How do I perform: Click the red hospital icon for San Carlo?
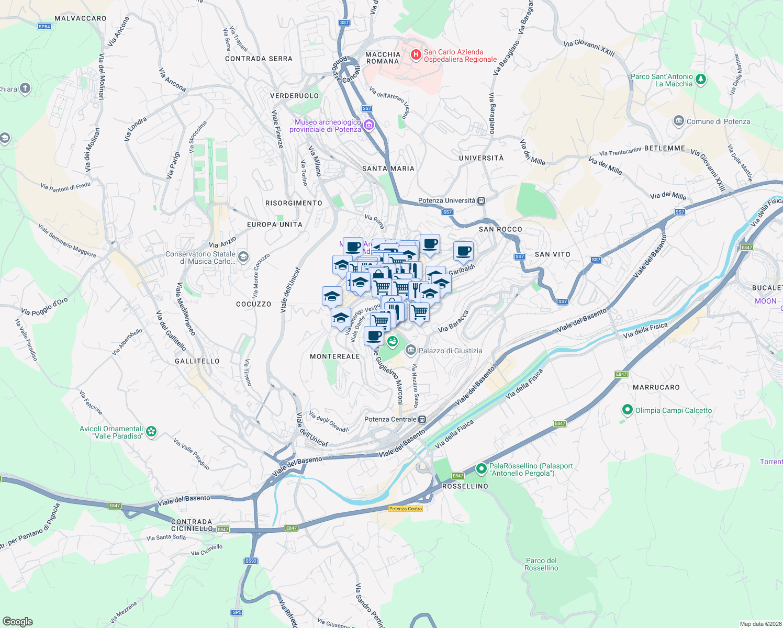click(x=416, y=55)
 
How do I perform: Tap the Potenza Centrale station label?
click(x=390, y=419)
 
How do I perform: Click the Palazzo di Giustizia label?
click(x=450, y=351)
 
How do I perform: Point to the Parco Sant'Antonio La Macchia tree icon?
click(x=701, y=80)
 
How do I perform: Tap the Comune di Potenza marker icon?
click(x=679, y=121)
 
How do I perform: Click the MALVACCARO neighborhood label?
click(x=81, y=18)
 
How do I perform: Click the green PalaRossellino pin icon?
click(x=481, y=469)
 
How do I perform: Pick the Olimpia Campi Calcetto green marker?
click(x=628, y=410)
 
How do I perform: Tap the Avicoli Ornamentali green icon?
click(x=151, y=432)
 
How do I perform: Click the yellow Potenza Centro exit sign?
click(x=406, y=509)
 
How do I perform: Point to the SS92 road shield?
click(x=251, y=561)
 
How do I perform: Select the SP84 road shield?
click(x=44, y=27)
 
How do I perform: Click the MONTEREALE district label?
click(x=335, y=356)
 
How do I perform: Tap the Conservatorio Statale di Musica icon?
click(x=243, y=256)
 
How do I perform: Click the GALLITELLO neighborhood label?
click(x=197, y=361)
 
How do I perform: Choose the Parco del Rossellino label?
click(x=541, y=564)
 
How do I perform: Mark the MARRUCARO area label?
click(x=656, y=387)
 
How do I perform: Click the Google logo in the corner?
click(x=17, y=622)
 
